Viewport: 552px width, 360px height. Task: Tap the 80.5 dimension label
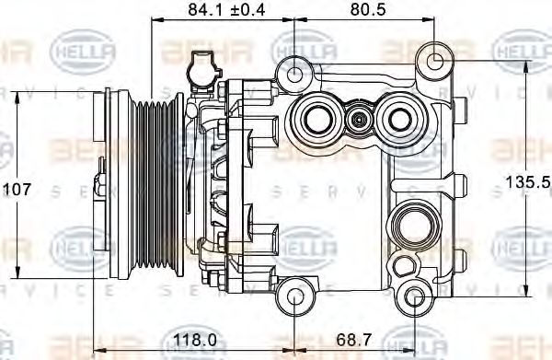coord(364,10)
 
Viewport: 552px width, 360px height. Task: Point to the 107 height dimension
coord(18,189)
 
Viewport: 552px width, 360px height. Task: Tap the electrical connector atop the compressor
coord(199,67)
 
